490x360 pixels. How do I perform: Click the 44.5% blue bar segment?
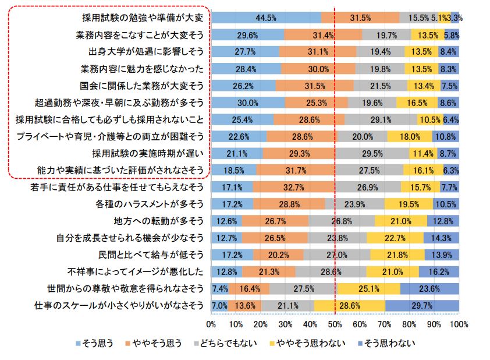tap(266, 18)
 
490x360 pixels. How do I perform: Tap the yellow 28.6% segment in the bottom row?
tap(350, 305)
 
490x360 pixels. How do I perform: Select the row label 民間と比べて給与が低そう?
tap(151, 255)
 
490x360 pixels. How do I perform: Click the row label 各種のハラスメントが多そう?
tap(149, 204)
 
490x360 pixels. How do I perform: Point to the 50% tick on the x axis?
tap(335, 323)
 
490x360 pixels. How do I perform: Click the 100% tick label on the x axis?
tap(458, 323)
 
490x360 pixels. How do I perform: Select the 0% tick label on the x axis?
tap(212, 323)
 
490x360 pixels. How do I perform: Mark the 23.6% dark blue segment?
tap(430, 288)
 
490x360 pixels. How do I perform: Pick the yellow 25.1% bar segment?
tap(368, 288)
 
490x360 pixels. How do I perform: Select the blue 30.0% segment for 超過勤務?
tap(248, 103)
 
